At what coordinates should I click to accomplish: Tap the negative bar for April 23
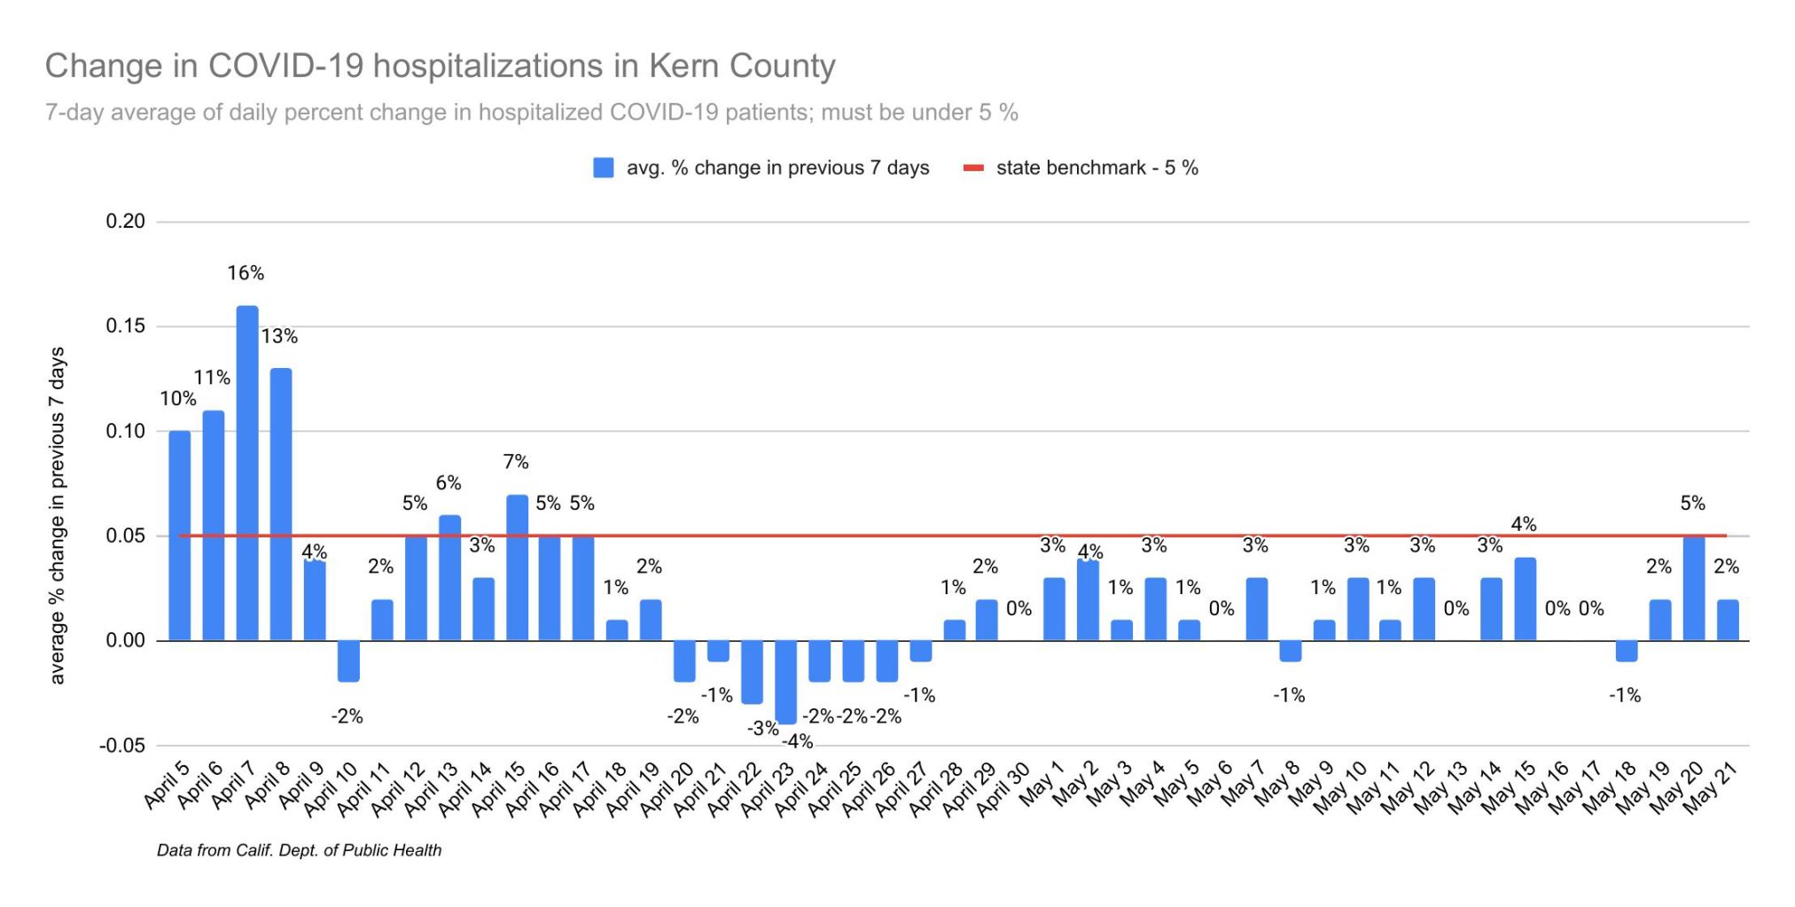(x=785, y=682)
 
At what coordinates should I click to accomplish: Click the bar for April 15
(x=517, y=567)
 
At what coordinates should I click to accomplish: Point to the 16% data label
(x=246, y=273)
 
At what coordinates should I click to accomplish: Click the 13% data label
(x=279, y=336)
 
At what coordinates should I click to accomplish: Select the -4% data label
(x=798, y=742)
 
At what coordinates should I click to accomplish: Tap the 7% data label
(x=516, y=462)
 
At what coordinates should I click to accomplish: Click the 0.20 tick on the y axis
(x=125, y=222)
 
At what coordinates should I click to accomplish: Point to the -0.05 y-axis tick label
(x=121, y=746)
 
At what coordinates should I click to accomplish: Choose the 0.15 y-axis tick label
(x=125, y=326)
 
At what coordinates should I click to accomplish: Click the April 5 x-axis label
(x=167, y=785)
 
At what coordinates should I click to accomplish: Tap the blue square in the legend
(x=604, y=168)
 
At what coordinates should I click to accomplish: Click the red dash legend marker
(x=973, y=168)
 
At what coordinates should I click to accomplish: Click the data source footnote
(x=299, y=850)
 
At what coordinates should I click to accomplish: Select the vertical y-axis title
(x=58, y=515)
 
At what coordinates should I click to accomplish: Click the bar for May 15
(x=1525, y=598)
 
